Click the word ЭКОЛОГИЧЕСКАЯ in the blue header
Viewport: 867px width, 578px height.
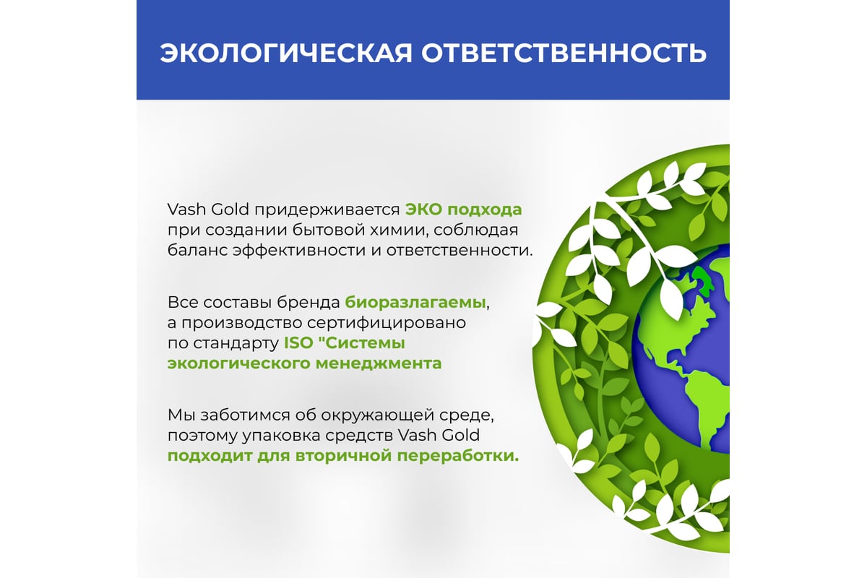click(286, 53)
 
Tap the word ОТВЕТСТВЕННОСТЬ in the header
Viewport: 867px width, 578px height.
click(564, 53)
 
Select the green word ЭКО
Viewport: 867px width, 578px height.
click(423, 210)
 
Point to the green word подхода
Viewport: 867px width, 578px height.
click(485, 210)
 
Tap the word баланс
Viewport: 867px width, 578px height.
click(197, 250)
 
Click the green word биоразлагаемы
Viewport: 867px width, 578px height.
click(415, 302)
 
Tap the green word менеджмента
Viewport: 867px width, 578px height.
click(379, 364)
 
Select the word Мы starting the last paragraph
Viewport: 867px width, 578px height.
click(181, 415)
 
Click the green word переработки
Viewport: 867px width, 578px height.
click(458, 457)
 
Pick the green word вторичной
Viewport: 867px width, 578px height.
click(344, 457)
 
